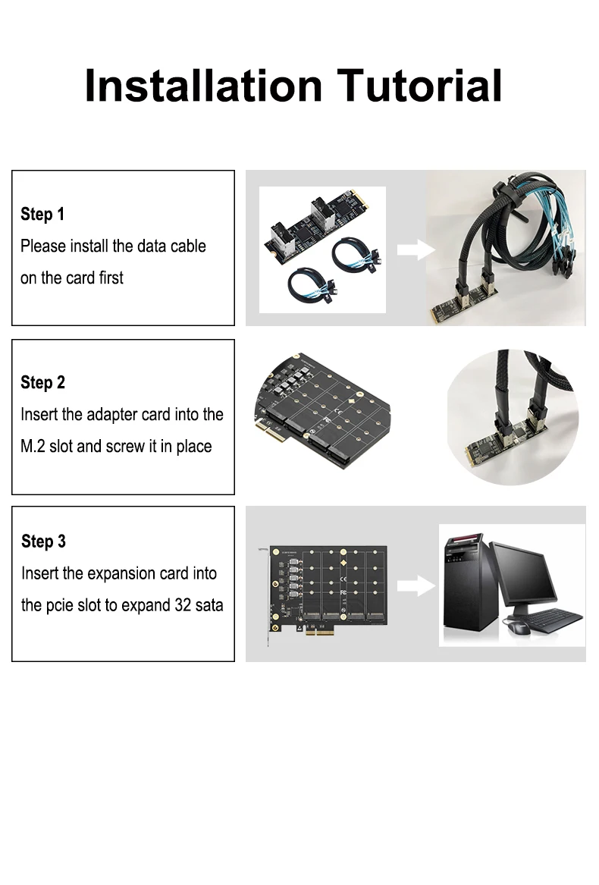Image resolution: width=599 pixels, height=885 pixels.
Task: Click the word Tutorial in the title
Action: (x=419, y=85)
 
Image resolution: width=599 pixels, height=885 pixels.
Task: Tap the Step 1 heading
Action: (x=42, y=214)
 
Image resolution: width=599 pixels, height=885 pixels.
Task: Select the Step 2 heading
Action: (x=43, y=382)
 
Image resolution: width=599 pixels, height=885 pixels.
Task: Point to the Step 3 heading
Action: (x=43, y=541)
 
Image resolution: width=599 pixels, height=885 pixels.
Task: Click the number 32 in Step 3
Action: (x=183, y=605)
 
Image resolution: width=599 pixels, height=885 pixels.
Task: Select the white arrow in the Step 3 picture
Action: (x=416, y=586)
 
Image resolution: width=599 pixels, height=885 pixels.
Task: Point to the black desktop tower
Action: (x=464, y=582)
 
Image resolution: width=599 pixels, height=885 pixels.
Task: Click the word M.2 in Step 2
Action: (x=33, y=447)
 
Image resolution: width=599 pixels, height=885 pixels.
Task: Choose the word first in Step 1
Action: (x=111, y=278)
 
